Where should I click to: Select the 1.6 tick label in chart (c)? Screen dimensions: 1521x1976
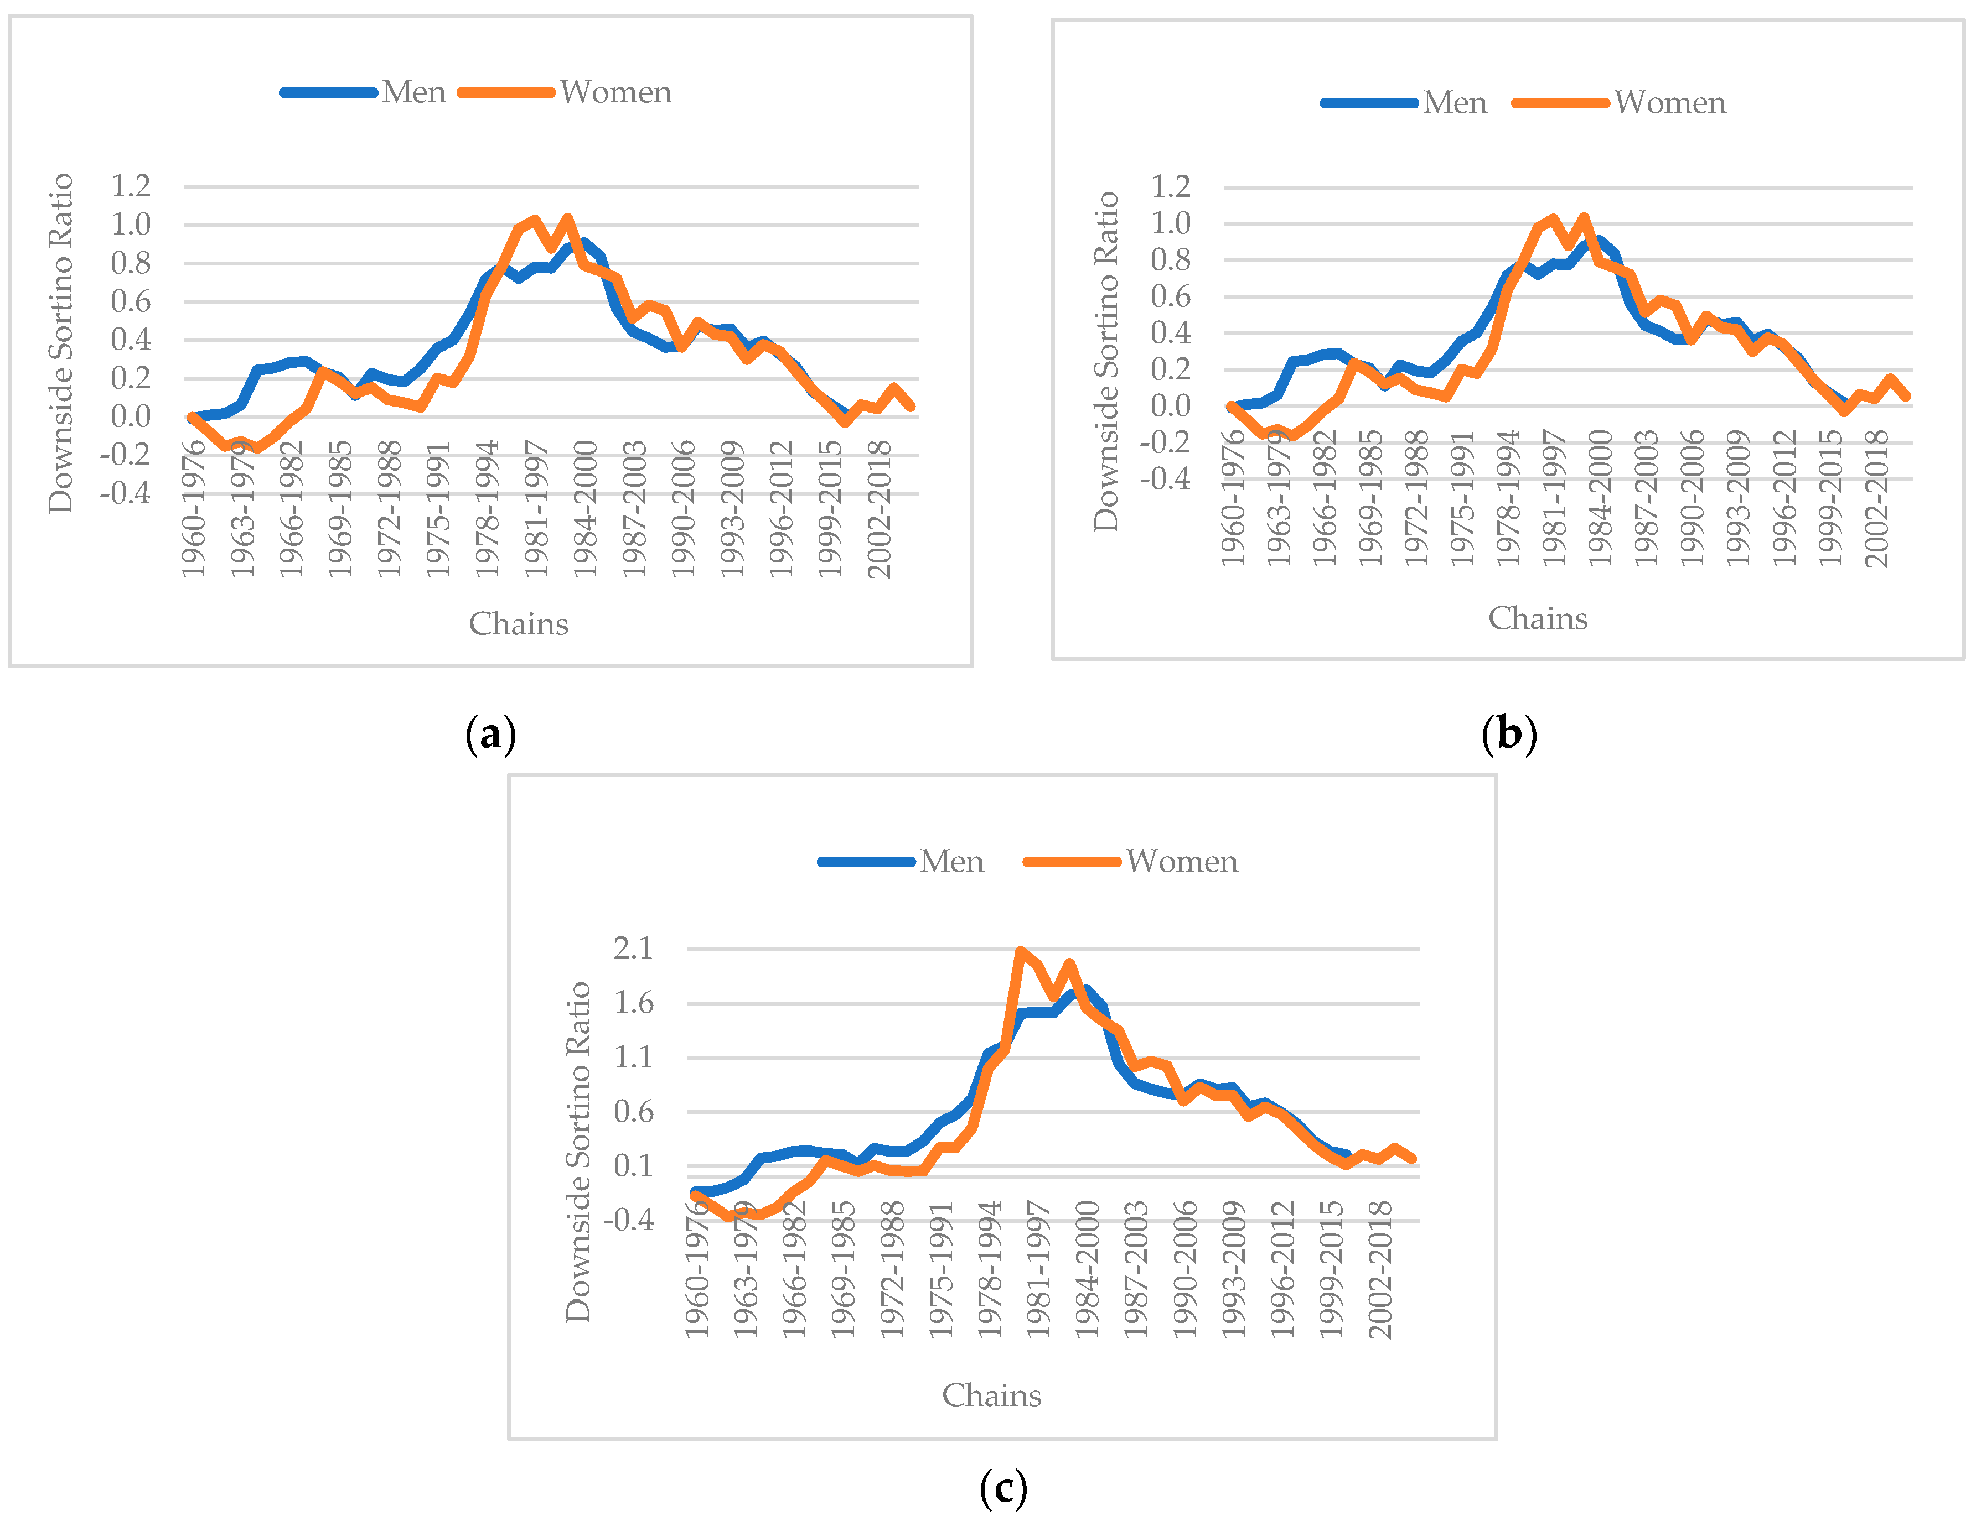(x=633, y=1002)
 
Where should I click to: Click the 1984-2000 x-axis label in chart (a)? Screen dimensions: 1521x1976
(x=586, y=508)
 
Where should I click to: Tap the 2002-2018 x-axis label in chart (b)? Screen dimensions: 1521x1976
(x=1877, y=499)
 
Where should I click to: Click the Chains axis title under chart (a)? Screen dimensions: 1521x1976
(x=519, y=624)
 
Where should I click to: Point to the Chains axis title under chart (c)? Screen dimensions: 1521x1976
(x=992, y=1395)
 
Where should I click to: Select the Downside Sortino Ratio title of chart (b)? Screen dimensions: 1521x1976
(x=1106, y=362)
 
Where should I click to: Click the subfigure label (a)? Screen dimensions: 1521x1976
(x=490, y=733)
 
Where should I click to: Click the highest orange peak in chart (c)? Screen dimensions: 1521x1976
(x=1020, y=951)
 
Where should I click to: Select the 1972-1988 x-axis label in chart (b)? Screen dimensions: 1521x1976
(x=1417, y=499)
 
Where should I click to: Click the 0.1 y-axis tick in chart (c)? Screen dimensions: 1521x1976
(x=633, y=1165)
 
